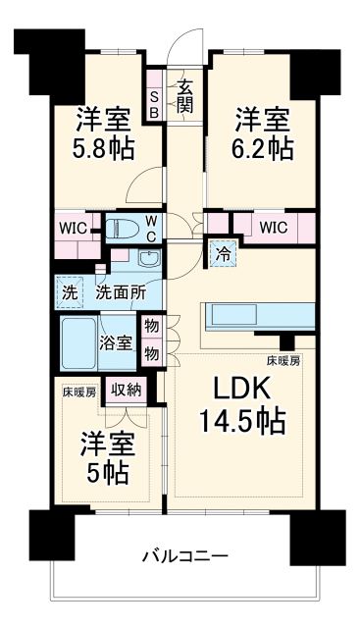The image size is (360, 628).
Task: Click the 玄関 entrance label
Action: pos(183,96)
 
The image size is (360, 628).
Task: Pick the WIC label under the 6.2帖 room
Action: pos(275,227)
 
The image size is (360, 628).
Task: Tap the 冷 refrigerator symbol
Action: pos(221,253)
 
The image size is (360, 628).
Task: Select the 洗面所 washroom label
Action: pos(120,291)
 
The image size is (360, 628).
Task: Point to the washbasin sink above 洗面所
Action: pos(149,259)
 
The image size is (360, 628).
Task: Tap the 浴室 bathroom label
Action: pos(117,342)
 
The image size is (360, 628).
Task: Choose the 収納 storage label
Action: pos(126,390)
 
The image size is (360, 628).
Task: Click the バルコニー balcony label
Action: pos(184,556)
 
